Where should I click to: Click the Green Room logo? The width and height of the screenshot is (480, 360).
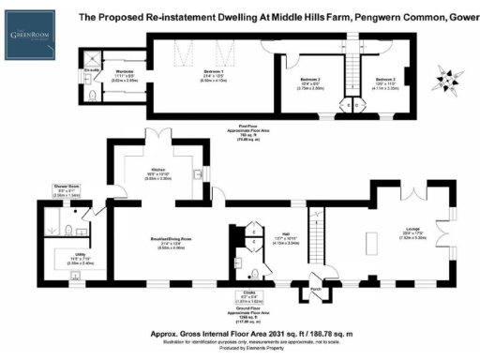[x=28, y=37]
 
